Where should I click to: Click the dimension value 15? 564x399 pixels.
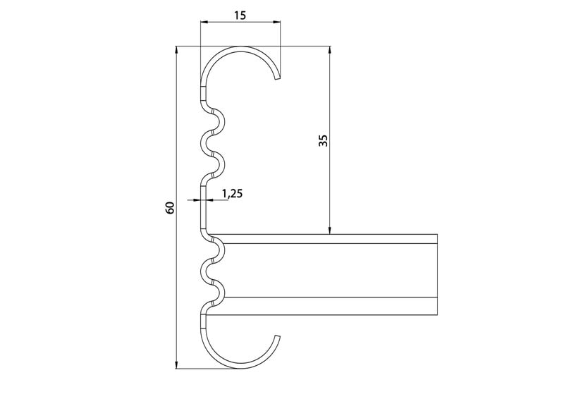(240, 16)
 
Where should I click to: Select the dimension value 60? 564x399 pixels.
(170, 207)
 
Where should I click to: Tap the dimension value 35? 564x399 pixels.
(324, 140)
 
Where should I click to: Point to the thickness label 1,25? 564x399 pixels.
(232, 194)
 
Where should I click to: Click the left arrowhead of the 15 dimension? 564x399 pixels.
(204, 23)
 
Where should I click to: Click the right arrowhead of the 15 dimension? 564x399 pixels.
(276, 23)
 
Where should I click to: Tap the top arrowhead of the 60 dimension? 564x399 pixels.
(176, 50)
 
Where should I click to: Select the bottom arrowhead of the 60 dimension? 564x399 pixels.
(176, 364)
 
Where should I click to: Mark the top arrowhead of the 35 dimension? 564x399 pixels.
(329, 50)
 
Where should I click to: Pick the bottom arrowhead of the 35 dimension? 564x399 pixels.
(329, 230)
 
